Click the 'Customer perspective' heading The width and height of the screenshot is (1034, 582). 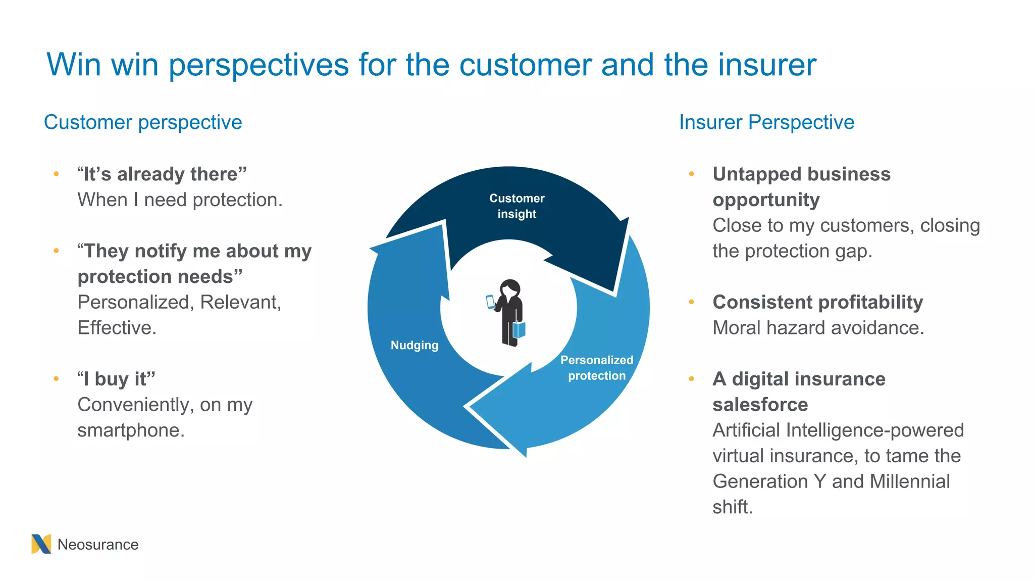(x=143, y=122)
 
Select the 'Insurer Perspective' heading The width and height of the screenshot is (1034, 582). (x=766, y=122)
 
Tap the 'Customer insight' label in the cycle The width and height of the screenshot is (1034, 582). (x=516, y=206)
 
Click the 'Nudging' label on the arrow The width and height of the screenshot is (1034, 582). (x=415, y=346)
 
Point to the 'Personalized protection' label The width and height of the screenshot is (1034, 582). (x=596, y=368)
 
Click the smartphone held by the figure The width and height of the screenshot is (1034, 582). (x=490, y=302)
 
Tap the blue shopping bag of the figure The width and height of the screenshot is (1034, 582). (x=519, y=330)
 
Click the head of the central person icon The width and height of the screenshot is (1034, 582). (x=510, y=288)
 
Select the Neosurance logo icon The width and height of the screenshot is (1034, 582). (x=41, y=544)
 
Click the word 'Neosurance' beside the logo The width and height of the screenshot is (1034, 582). (x=98, y=545)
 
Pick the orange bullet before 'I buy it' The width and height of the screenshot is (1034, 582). (x=56, y=378)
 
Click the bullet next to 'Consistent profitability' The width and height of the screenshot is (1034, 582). (x=691, y=302)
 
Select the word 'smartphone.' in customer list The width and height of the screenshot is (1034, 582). (x=131, y=430)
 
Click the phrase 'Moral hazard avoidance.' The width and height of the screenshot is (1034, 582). (x=818, y=328)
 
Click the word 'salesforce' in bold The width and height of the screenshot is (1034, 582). (x=760, y=405)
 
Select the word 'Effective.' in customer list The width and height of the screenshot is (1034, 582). (x=117, y=328)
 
